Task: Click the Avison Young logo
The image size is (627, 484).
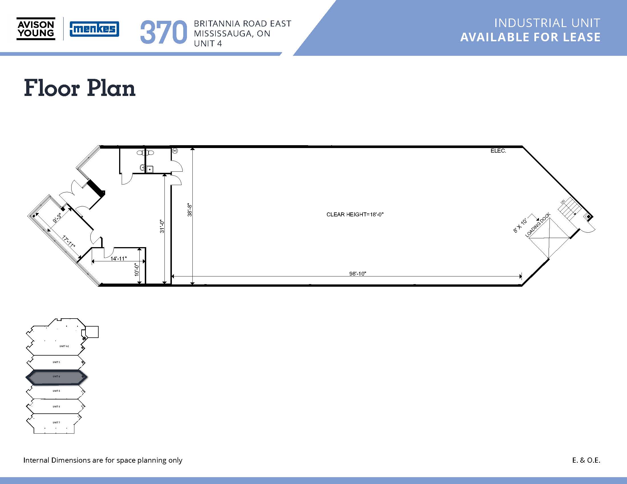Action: pyautogui.click(x=36, y=29)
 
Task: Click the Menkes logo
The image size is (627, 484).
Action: pyautogui.click(x=94, y=29)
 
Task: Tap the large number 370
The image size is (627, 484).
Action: pyautogui.click(x=163, y=32)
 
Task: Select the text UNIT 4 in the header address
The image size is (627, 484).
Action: pyautogui.click(x=208, y=44)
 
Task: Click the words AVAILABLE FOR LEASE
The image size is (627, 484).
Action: pyautogui.click(x=530, y=37)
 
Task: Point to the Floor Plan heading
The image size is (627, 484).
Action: pyautogui.click(x=80, y=88)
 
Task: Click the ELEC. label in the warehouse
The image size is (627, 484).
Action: pyautogui.click(x=498, y=151)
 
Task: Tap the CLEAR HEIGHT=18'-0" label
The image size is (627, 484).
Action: pyautogui.click(x=355, y=214)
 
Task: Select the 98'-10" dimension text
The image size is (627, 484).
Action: pyautogui.click(x=357, y=274)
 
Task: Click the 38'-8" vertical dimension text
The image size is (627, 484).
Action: pyautogui.click(x=190, y=210)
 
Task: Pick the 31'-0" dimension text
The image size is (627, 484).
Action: pyautogui.click(x=162, y=226)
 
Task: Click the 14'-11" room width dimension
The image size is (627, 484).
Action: pyautogui.click(x=119, y=259)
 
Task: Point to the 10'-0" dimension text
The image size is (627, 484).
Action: pyautogui.click(x=137, y=269)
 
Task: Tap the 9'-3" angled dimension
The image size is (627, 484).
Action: pyautogui.click(x=57, y=218)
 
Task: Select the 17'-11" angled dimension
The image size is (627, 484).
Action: pyautogui.click(x=69, y=242)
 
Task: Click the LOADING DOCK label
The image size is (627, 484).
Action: pyautogui.click(x=538, y=225)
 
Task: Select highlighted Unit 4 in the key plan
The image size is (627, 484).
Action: pyautogui.click(x=56, y=377)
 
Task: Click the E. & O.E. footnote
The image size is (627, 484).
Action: pyautogui.click(x=586, y=460)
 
